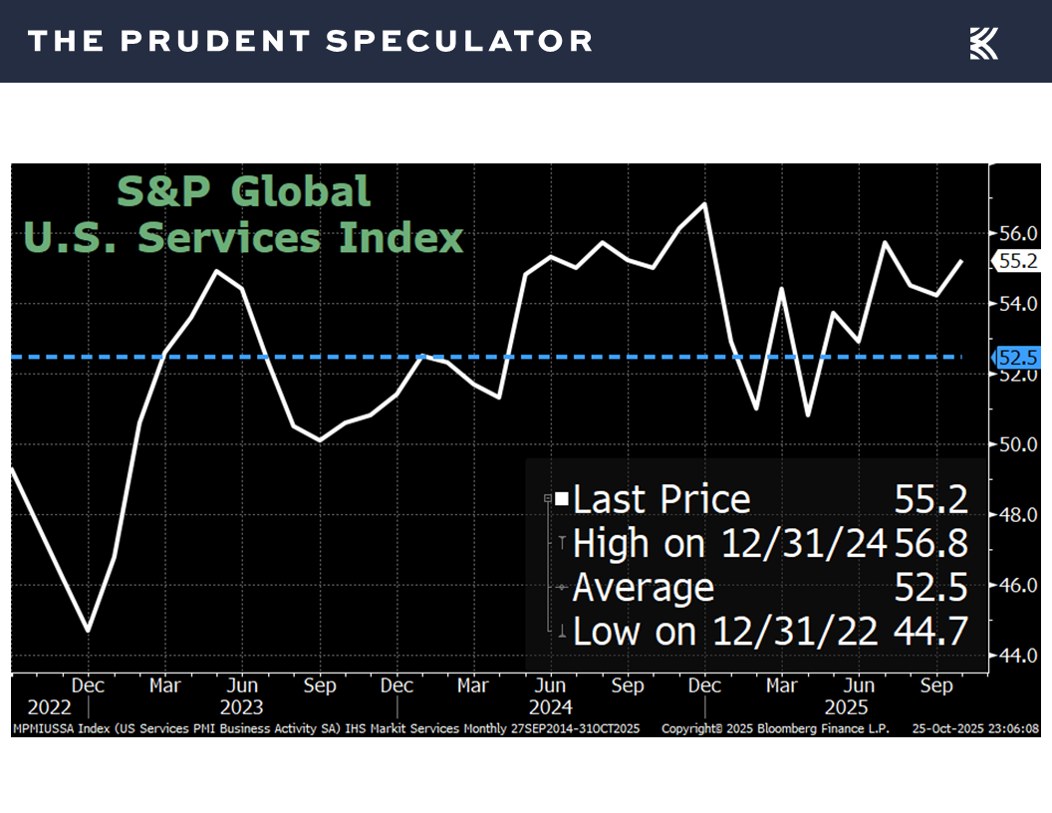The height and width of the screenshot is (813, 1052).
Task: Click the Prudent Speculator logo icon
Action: tap(983, 43)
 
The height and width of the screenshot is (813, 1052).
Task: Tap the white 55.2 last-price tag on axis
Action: tap(1017, 261)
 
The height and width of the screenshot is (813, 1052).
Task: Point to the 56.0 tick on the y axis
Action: tap(1018, 233)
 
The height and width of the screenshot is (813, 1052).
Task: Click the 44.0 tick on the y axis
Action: tap(1018, 656)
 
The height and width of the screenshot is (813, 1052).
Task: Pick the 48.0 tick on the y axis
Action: tap(1018, 514)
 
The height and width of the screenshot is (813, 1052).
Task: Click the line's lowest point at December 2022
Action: tap(89, 630)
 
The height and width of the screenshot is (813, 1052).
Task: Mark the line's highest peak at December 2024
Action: tap(705, 204)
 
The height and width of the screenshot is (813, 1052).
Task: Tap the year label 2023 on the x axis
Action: tap(242, 707)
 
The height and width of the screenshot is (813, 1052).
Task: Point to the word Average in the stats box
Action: tap(644, 588)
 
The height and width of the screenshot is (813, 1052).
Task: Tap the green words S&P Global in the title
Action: tap(244, 191)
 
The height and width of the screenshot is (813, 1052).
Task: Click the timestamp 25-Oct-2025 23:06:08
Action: tap(975, 729)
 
